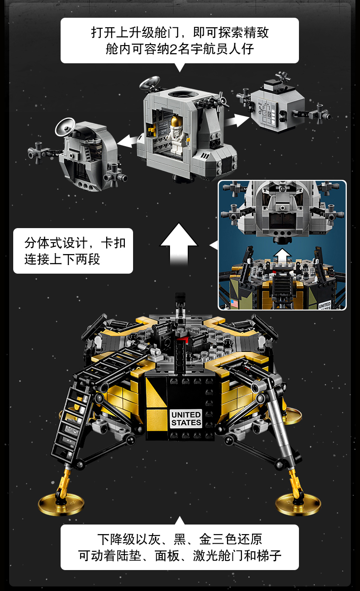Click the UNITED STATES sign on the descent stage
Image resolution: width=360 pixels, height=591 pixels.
click(x=186, y=418)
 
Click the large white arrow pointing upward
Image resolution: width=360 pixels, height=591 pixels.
click(x=179, y=244)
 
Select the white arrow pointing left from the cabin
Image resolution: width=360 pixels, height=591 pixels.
click(x=128, y=140)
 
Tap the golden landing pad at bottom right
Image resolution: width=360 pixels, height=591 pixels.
click(x=298, y=504)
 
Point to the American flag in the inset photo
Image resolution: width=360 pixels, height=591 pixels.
click(x=234, y=303)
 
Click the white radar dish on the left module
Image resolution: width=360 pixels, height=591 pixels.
click(x=66, y=127)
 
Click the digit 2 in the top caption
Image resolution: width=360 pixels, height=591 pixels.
click(x=173, y=48)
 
